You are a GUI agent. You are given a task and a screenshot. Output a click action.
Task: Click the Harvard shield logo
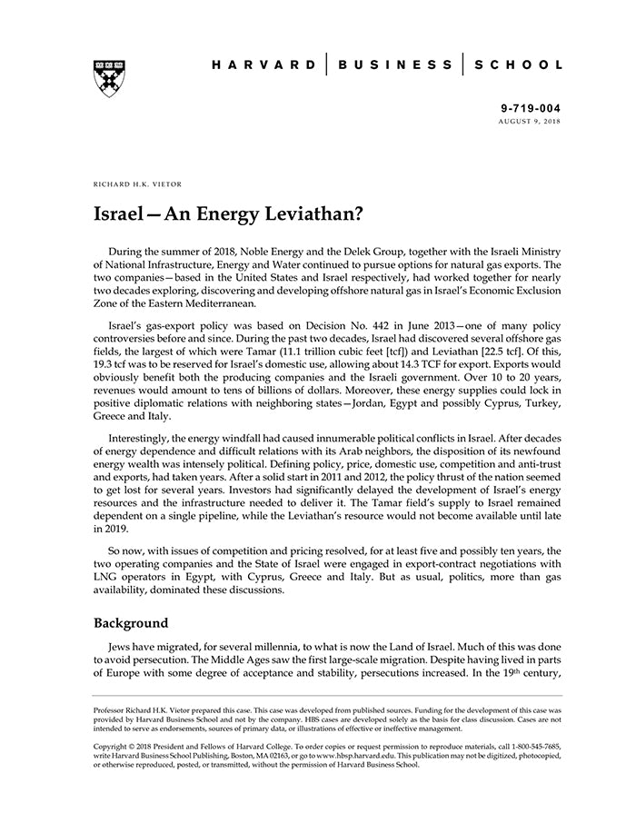click(108, 78)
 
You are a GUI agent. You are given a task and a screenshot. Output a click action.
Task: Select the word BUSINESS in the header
click(395, 65)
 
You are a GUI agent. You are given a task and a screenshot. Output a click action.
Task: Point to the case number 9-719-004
click(531, 108)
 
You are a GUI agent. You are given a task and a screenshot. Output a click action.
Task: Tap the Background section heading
click(131, 624)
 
